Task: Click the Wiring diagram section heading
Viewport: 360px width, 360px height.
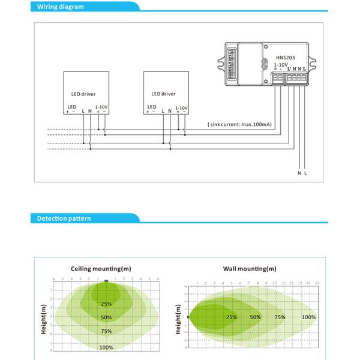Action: pyautogui.click(x=60, y=7)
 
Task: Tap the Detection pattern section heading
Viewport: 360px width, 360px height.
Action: pyautogui.click(x=64, y=218)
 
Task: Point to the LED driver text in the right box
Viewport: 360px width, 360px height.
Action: pyautogui.click(x=164, y=94)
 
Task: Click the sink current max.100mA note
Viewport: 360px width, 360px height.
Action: pyautogui.click(x=239, y=124)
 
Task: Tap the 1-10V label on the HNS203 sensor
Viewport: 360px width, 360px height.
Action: pyautogui.click(x=280, y=64)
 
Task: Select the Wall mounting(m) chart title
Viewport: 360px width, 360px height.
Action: pyautogui.click(x=250, y=269)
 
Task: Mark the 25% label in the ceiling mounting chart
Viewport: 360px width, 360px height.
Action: pyautogui.click(x=106, y=304)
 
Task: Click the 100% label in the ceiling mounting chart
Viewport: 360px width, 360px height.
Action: pyautogui.click(x=106, y=347)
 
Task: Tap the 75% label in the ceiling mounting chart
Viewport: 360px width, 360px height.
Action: pyautogui.click(x=106, y=331)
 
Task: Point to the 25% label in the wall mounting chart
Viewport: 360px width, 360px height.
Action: pyautogui.click(x=231, y=317)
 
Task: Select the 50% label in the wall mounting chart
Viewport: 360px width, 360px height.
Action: pyautogui.click(x=255, y=317)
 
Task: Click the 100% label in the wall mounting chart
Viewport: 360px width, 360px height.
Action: pyautogui.click(x=308, y=317)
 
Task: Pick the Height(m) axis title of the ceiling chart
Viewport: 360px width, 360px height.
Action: pyautogui.click(x=44, y=318)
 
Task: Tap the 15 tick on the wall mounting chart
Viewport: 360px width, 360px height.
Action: pyautogui.click(x=317, y=283)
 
